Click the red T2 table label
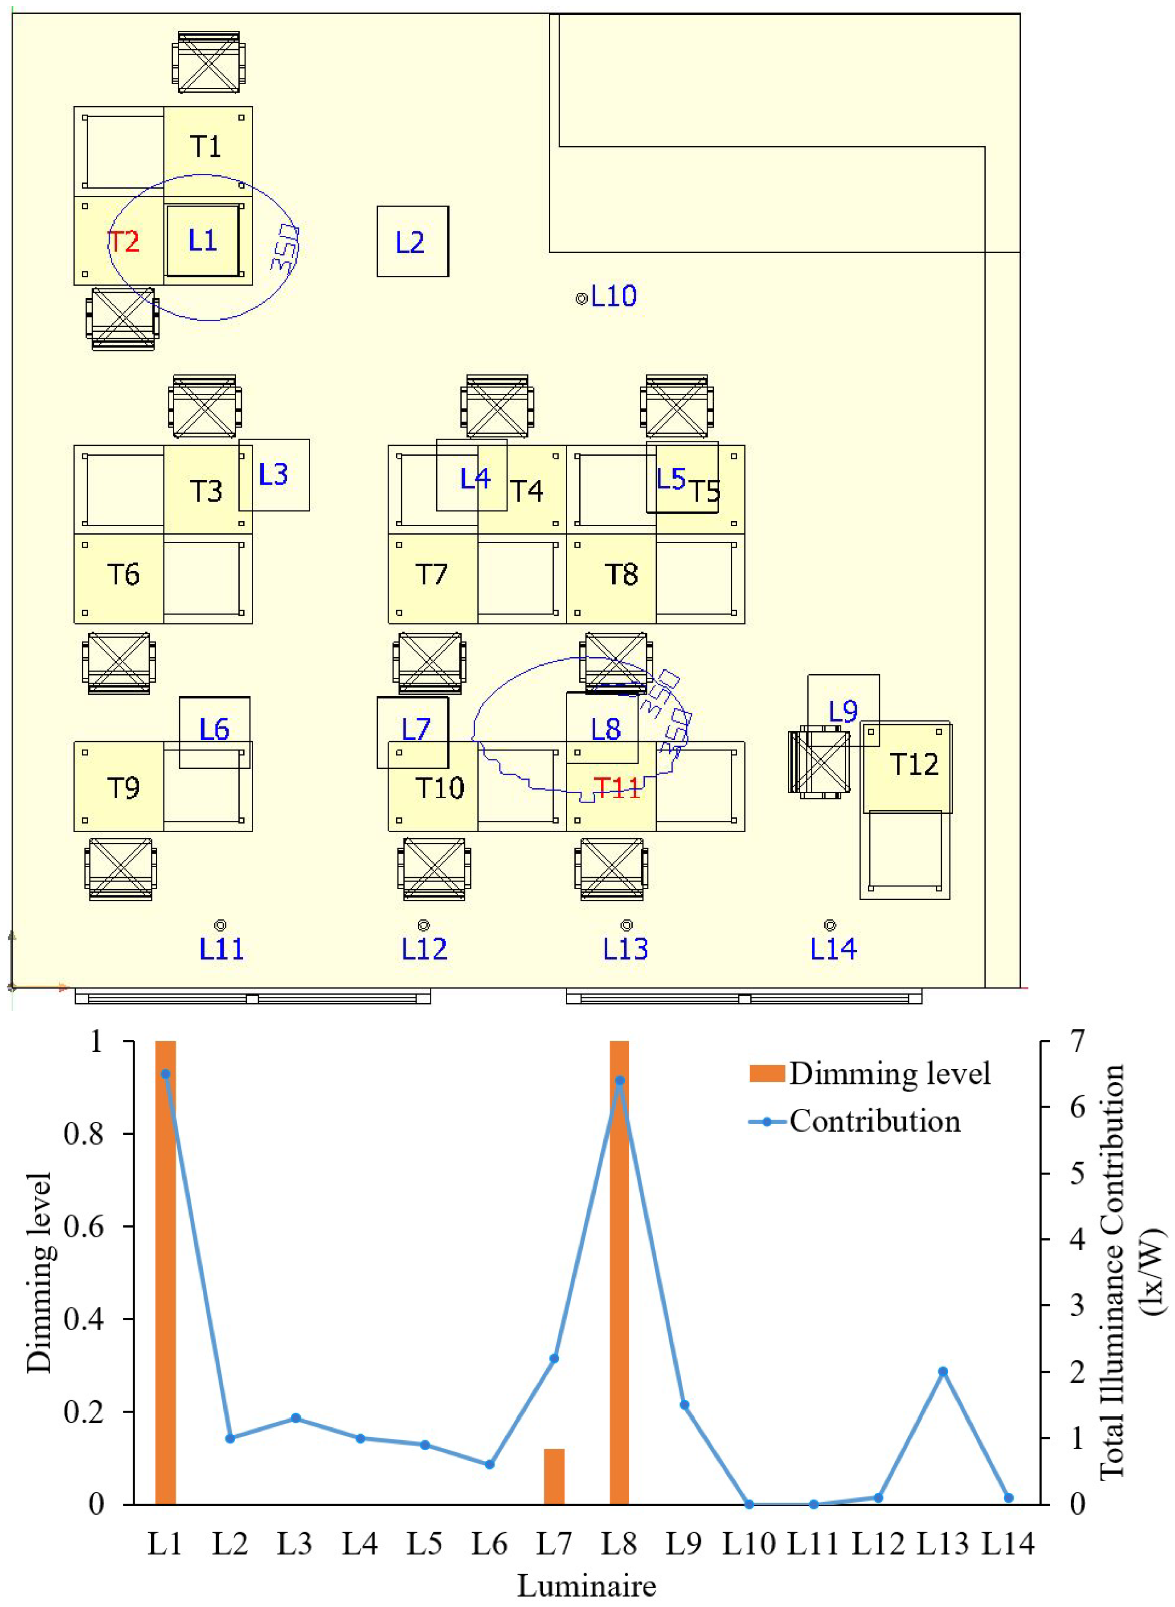(x=123, y=242)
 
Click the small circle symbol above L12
(x=423, y=925)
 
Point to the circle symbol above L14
(x=829, y=925)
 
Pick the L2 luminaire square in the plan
(x=413, y=242)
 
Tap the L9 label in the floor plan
(x=843, y=710)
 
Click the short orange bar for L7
(x=554, y=1477)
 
